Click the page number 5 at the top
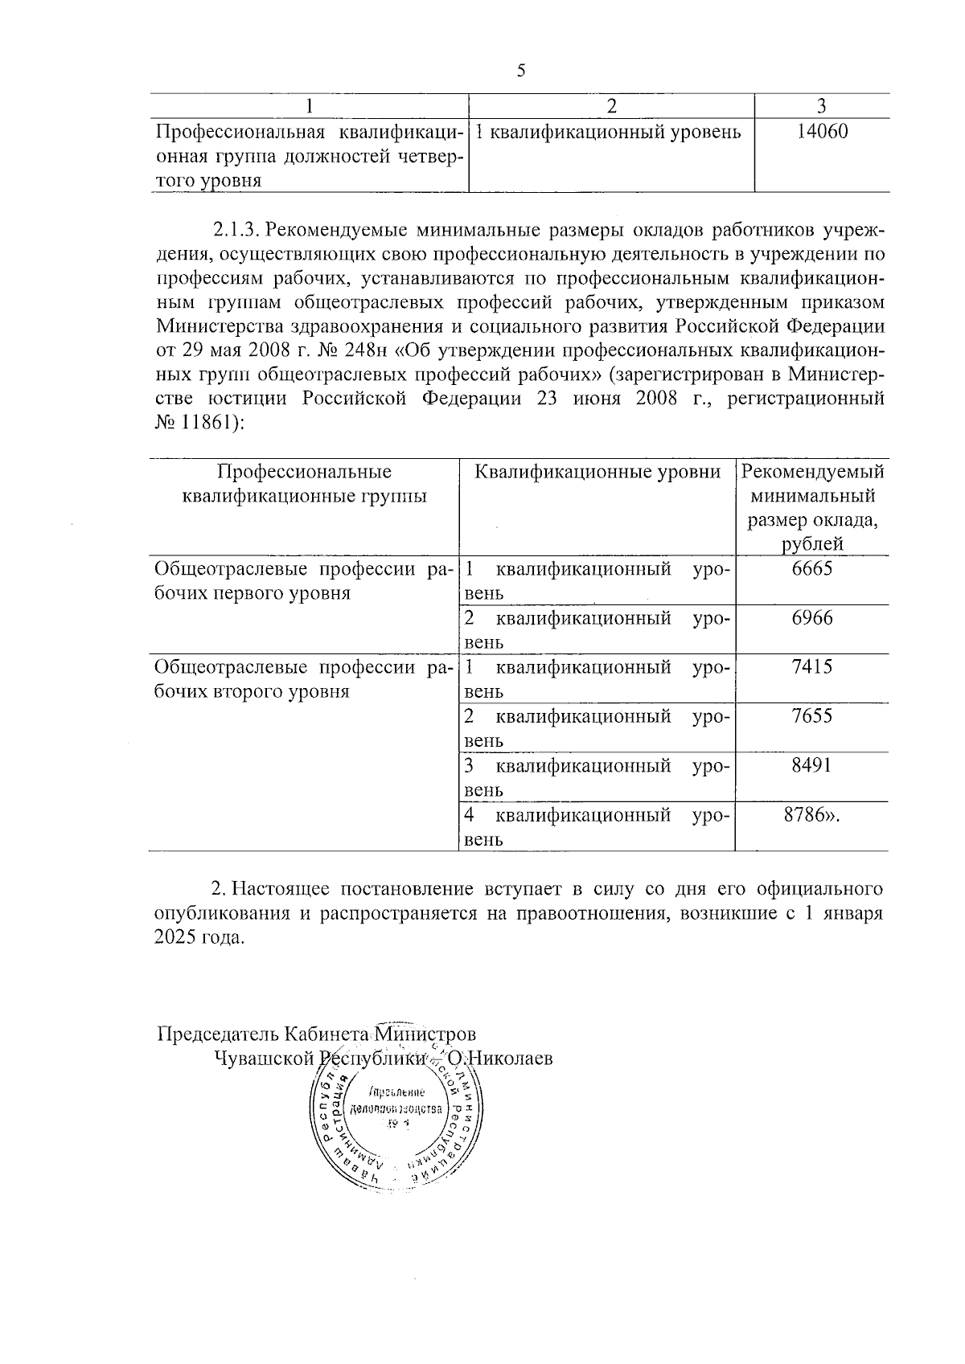[520, 71]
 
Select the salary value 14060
[822, 132]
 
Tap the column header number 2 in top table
[611, 106]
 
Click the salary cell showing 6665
[811, 569]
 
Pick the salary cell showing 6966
[811, 618]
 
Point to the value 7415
[811, 667]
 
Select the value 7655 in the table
[811, 716]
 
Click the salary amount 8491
[811, 765]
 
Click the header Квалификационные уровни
[597, 473]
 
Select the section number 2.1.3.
[235, 230]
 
